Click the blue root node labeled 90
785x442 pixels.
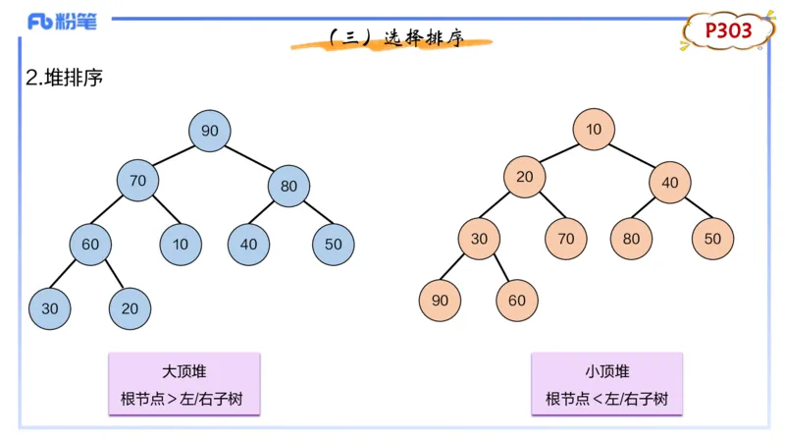tap(210, 132)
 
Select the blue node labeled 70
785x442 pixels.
tap(137, 181)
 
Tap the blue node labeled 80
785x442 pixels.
tap(288, 186)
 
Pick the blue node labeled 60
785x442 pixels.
tap(90, 245)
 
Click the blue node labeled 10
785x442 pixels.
tap(182, 245)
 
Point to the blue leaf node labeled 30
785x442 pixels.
tap(50, 308)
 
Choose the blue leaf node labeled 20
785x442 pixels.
tap(130, 308)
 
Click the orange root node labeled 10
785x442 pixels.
tap(594, 130)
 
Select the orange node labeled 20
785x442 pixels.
tap(525, 177)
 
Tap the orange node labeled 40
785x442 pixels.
tap(670, 183)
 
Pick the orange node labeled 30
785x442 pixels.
tap(479, 239)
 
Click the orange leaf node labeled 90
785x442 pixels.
tap(440, 301)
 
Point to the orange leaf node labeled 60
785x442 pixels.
tap(517, 301)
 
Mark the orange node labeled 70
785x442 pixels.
tap(566, 239)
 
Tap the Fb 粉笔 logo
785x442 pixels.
tap(62, 22)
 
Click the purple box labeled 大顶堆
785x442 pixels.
tap(184, 385)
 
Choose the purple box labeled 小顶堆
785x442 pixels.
tap(606, 385)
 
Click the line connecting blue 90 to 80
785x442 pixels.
tap(249, 158)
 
